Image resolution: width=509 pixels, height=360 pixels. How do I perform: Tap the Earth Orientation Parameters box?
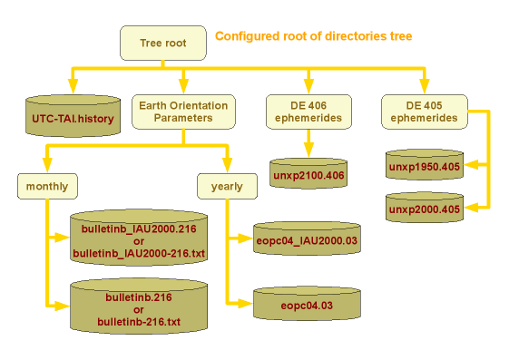(181, 111)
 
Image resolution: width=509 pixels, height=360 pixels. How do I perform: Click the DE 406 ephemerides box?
(308, 111)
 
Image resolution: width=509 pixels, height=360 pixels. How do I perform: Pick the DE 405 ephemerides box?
(424, 111)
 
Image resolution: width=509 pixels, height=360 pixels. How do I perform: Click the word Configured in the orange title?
(249, 36)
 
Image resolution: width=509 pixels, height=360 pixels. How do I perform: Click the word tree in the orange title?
(398, 36)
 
